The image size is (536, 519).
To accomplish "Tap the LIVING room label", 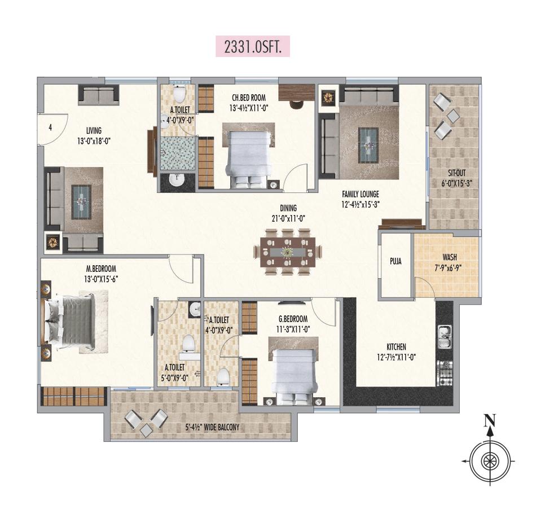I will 90,131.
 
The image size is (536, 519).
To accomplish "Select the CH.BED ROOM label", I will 248,97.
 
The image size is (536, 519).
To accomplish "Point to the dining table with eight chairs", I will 288,252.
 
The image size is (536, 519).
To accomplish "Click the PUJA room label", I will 396,262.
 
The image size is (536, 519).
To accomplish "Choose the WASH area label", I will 450,241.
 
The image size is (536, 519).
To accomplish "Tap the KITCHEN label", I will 396,347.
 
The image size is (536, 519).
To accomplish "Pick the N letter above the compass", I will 491,420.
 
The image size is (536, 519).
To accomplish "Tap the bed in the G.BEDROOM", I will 292,373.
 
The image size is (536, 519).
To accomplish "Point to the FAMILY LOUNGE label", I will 360,193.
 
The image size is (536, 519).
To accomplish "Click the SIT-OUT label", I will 454,173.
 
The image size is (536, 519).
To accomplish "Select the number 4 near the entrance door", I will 50,127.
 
